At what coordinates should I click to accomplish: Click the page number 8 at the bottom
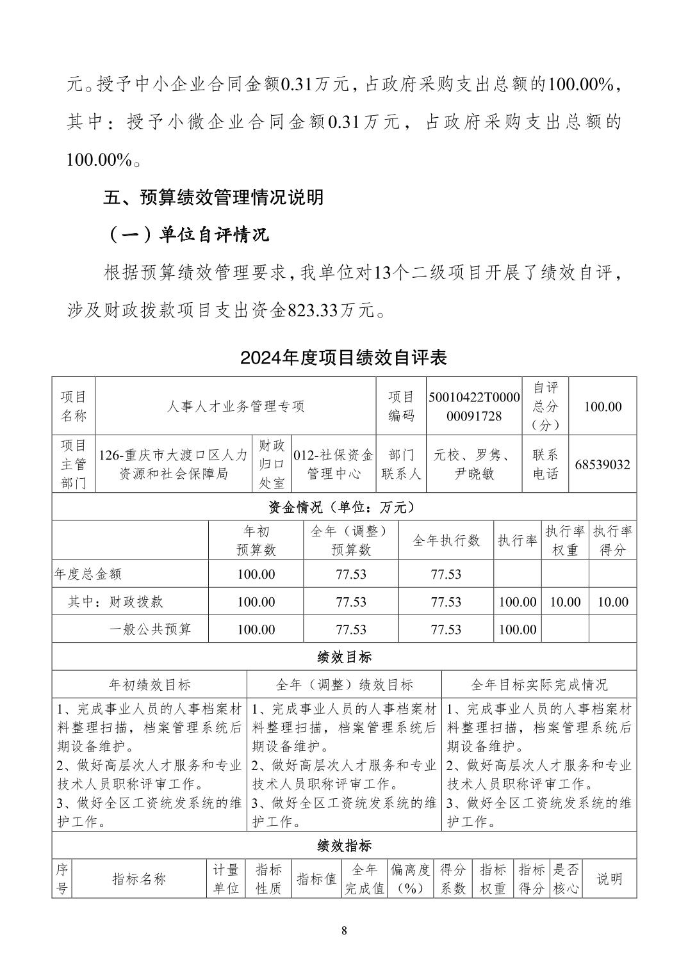click(x=344, y=931)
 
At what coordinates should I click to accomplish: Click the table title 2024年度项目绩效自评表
click(x=343, y=357)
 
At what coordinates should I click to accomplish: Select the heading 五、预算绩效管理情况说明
click(x=214, y=197)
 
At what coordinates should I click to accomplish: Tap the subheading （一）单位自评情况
click(x=186, y=235)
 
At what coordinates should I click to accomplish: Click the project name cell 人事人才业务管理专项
click(x=235, y=406)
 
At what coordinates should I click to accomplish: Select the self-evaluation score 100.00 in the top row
click(x=603, y=406)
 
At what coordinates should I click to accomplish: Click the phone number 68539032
click(x=602, y=465)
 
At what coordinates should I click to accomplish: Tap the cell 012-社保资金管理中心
click(x=333, y=465)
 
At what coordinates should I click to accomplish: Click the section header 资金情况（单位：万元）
click(x=344, y=508)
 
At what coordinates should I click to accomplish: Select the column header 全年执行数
click(x=446, y=540)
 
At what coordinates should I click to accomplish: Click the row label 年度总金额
click(x=88, y=574)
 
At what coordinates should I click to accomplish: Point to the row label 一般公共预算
click(x=150, y=629)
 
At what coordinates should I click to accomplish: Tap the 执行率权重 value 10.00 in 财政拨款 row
click(x=565, y=602)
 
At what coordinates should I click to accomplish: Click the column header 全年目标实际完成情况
click(x=539, y=685)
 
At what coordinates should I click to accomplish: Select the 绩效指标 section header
click(x=344, y=846)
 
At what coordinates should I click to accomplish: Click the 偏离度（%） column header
click(x=411, y=879)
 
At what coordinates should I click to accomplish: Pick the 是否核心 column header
click(x=566, y=879)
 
